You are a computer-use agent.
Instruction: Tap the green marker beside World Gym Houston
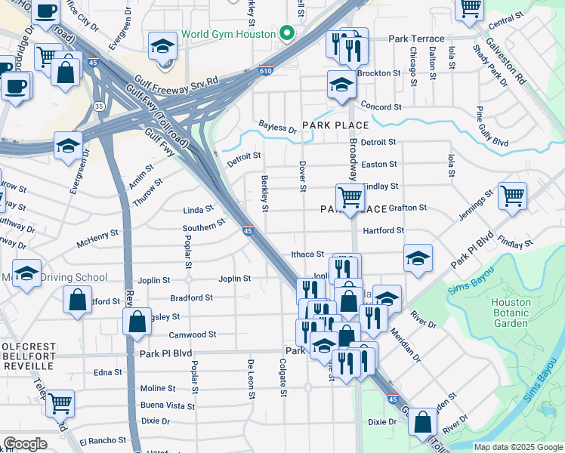click(286, 34)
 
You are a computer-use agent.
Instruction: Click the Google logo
click(25, 443)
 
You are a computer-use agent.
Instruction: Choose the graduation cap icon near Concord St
click(341, 85)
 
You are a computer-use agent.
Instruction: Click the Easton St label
click(379, 165)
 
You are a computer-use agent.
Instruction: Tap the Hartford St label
click(384, 230)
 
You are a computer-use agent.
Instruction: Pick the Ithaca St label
click(307, 254)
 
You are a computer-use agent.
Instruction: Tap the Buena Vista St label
click(167, 405)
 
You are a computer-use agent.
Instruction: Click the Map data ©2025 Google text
click(517, 446)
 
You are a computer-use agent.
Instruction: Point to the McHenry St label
click(98, 242)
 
